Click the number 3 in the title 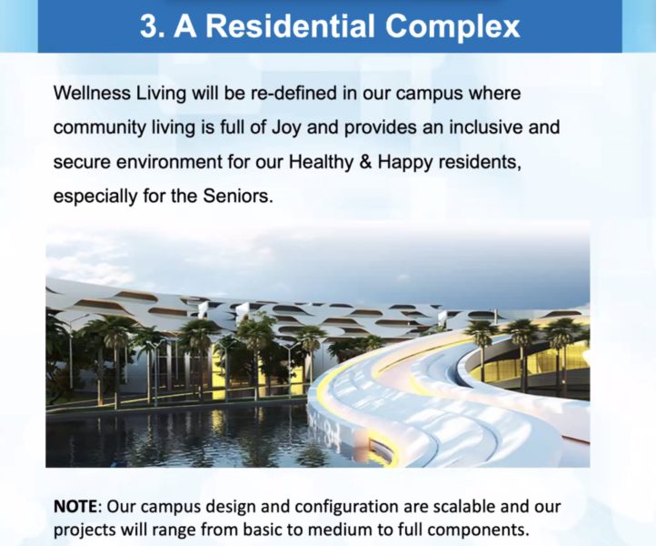click(148, 26)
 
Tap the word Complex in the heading click(452, 27)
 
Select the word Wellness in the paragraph click(92, 93)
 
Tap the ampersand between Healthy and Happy click(365, 162)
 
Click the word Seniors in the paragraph click(238, 196)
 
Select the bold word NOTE click(75, 506)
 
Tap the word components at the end click(479, 531)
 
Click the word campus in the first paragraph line click(429, 94)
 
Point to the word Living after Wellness click(161, 94)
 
